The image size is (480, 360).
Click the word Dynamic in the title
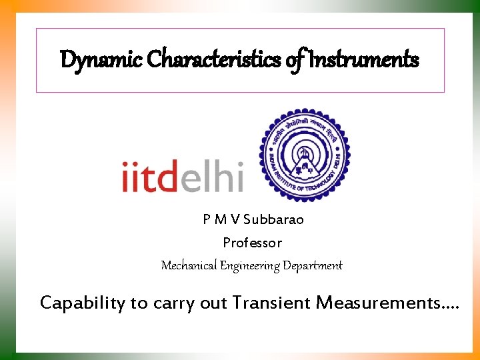click(101, 60)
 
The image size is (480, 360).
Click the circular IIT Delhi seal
click(303, 153)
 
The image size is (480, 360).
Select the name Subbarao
click(274, 220)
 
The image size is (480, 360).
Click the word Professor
click(253, 243)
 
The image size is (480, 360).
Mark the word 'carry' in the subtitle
click(172, 303)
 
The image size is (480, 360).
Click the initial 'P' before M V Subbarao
click(207, 220)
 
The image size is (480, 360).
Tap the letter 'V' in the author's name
click(236, 220)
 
